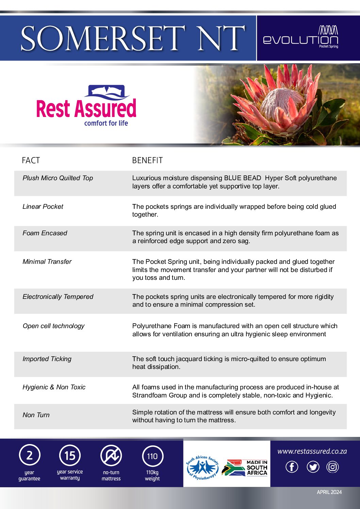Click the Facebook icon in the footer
[x=292, y=467]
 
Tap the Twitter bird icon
[x=313, y=467]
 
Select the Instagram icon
[x=332, y=467]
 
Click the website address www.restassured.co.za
[x=312, y=451]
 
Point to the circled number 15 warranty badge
[x=70, y=456]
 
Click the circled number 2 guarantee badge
[x=30, y=456]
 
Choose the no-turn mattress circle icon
[x=111, y=456]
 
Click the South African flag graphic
[x=234, y=468]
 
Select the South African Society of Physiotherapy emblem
[x=202, y=468]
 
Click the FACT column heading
[x=31, y=160]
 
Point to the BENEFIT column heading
[x=147, y=160]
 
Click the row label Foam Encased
[x=45, y=233]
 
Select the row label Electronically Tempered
[x=58, y=296]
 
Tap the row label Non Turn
[x=36, y=415]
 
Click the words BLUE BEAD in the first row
[x=242, y=178]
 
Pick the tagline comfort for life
[x=106, y=123]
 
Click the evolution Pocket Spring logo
[x=300, y=37]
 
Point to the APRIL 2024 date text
[x=329, y=492]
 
